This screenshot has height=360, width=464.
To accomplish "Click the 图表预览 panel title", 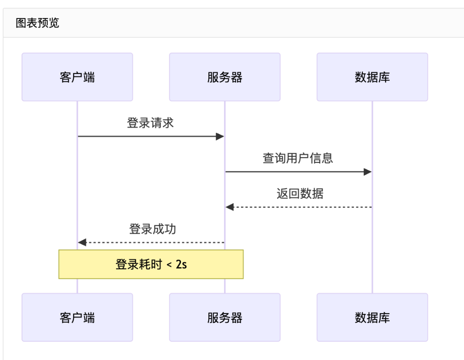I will (x=37, y=23).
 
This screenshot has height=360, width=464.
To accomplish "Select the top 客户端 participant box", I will (x=77, y=77).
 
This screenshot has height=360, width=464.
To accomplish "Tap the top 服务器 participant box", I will (x=225, y=77).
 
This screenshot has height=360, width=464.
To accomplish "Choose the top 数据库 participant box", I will (x=372, y=77).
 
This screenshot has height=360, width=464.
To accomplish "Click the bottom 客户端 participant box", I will (x=77, y=317).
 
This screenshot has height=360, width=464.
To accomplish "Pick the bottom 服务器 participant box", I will (x=225, y=317).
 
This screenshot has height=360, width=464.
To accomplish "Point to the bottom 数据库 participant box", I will (x=372, y=317).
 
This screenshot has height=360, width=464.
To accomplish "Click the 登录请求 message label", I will (x=150, y=123).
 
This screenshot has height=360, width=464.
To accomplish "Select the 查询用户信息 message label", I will (x=298, y=158).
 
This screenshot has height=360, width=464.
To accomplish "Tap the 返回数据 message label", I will (x=300, y=194).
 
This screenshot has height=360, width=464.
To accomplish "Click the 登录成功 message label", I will (x=153, y=229).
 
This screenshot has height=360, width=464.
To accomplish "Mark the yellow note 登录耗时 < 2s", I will (x=151, y=264).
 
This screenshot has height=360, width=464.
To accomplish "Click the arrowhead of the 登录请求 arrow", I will (x=220, y=137).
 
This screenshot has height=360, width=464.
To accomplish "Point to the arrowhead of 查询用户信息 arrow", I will (x=367, y=172).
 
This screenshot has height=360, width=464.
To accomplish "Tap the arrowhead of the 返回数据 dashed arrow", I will (x=229, y=207).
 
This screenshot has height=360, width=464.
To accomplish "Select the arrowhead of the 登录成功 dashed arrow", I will (x=82, y=243).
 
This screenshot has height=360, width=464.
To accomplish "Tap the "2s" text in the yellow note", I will (x=181, y=264).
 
